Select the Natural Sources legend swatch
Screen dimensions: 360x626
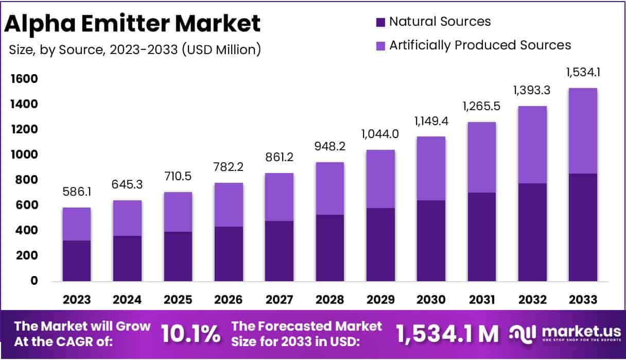coord(380,22)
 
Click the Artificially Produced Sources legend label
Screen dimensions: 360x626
coord(480,45)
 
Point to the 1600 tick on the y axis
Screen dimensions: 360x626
coord(24,79)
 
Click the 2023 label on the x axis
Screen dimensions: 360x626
coord(77,300)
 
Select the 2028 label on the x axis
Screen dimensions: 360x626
coord(329,300)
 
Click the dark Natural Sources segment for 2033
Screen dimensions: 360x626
coord(583,227)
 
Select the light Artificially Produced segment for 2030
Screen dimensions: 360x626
coord(431,168)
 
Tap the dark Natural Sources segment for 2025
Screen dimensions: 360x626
coord(178,256)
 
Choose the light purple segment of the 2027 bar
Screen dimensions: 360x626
coord(279,197)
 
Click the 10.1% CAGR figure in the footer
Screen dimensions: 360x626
coord(190,334)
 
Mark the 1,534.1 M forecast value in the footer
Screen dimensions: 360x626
coord(447,334)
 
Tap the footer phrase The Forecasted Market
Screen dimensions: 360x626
coord(307,326)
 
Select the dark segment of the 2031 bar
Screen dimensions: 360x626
coord(481,237)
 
